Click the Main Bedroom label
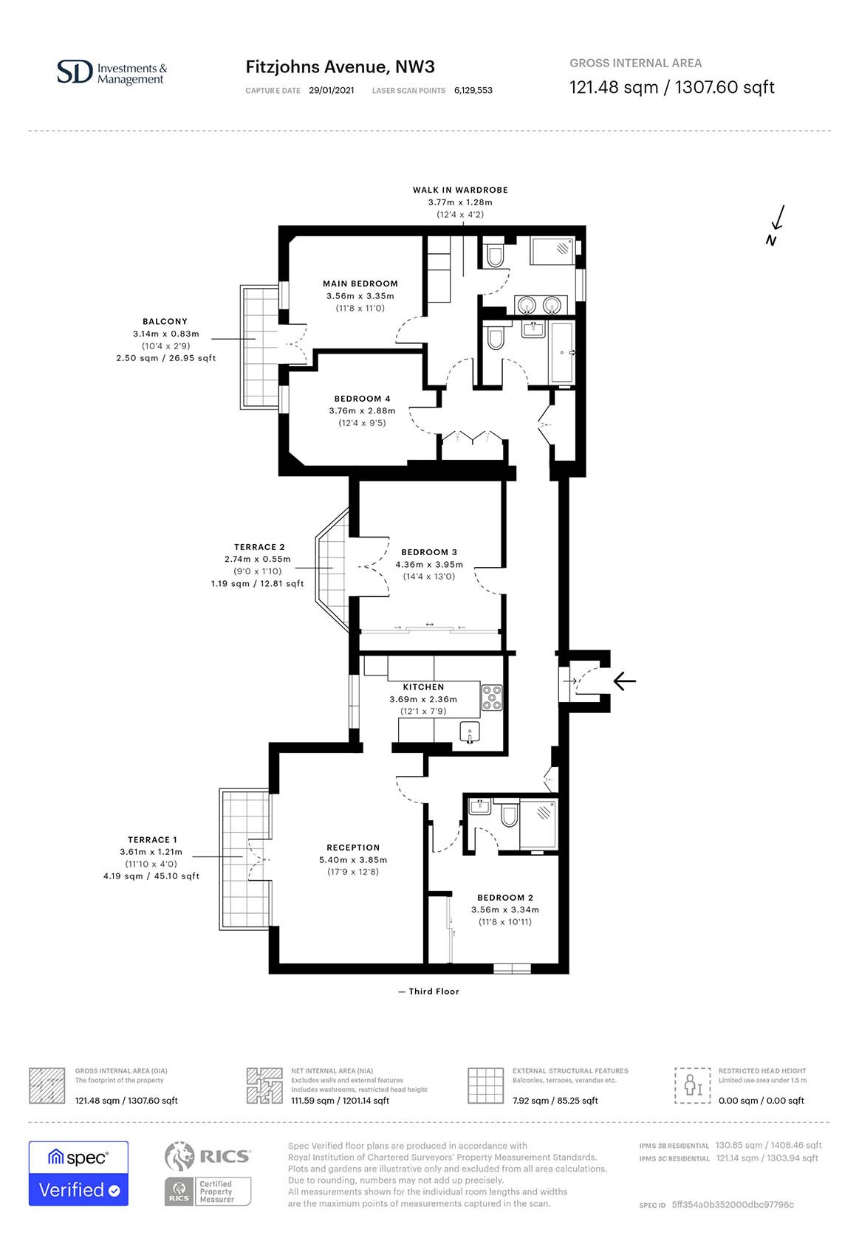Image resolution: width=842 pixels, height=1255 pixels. pos(360,283)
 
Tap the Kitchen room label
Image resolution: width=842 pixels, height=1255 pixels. pos(423,687)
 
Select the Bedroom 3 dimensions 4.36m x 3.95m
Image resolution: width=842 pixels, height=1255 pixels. pos(429,564)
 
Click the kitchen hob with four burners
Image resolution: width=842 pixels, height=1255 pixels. pos(492,698)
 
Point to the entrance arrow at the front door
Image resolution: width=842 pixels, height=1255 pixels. pos(625,681)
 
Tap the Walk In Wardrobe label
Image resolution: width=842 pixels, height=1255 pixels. pos(460,190)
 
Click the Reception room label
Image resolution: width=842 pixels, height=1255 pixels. pos(353,847)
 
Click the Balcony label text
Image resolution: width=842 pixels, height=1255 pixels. pos(165,322)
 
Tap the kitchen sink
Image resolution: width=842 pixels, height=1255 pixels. pos(470,732)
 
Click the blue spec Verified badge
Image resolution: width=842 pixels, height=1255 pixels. pos(78,1173)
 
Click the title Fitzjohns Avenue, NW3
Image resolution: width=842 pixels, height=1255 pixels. pos(340,67)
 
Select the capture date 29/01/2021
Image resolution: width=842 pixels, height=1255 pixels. pos(332,90)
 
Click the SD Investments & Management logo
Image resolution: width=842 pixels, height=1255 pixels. pos(112,73)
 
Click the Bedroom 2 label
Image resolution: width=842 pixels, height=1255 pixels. pos(505,898)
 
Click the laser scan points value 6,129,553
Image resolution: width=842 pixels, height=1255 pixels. pos(473,90)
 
